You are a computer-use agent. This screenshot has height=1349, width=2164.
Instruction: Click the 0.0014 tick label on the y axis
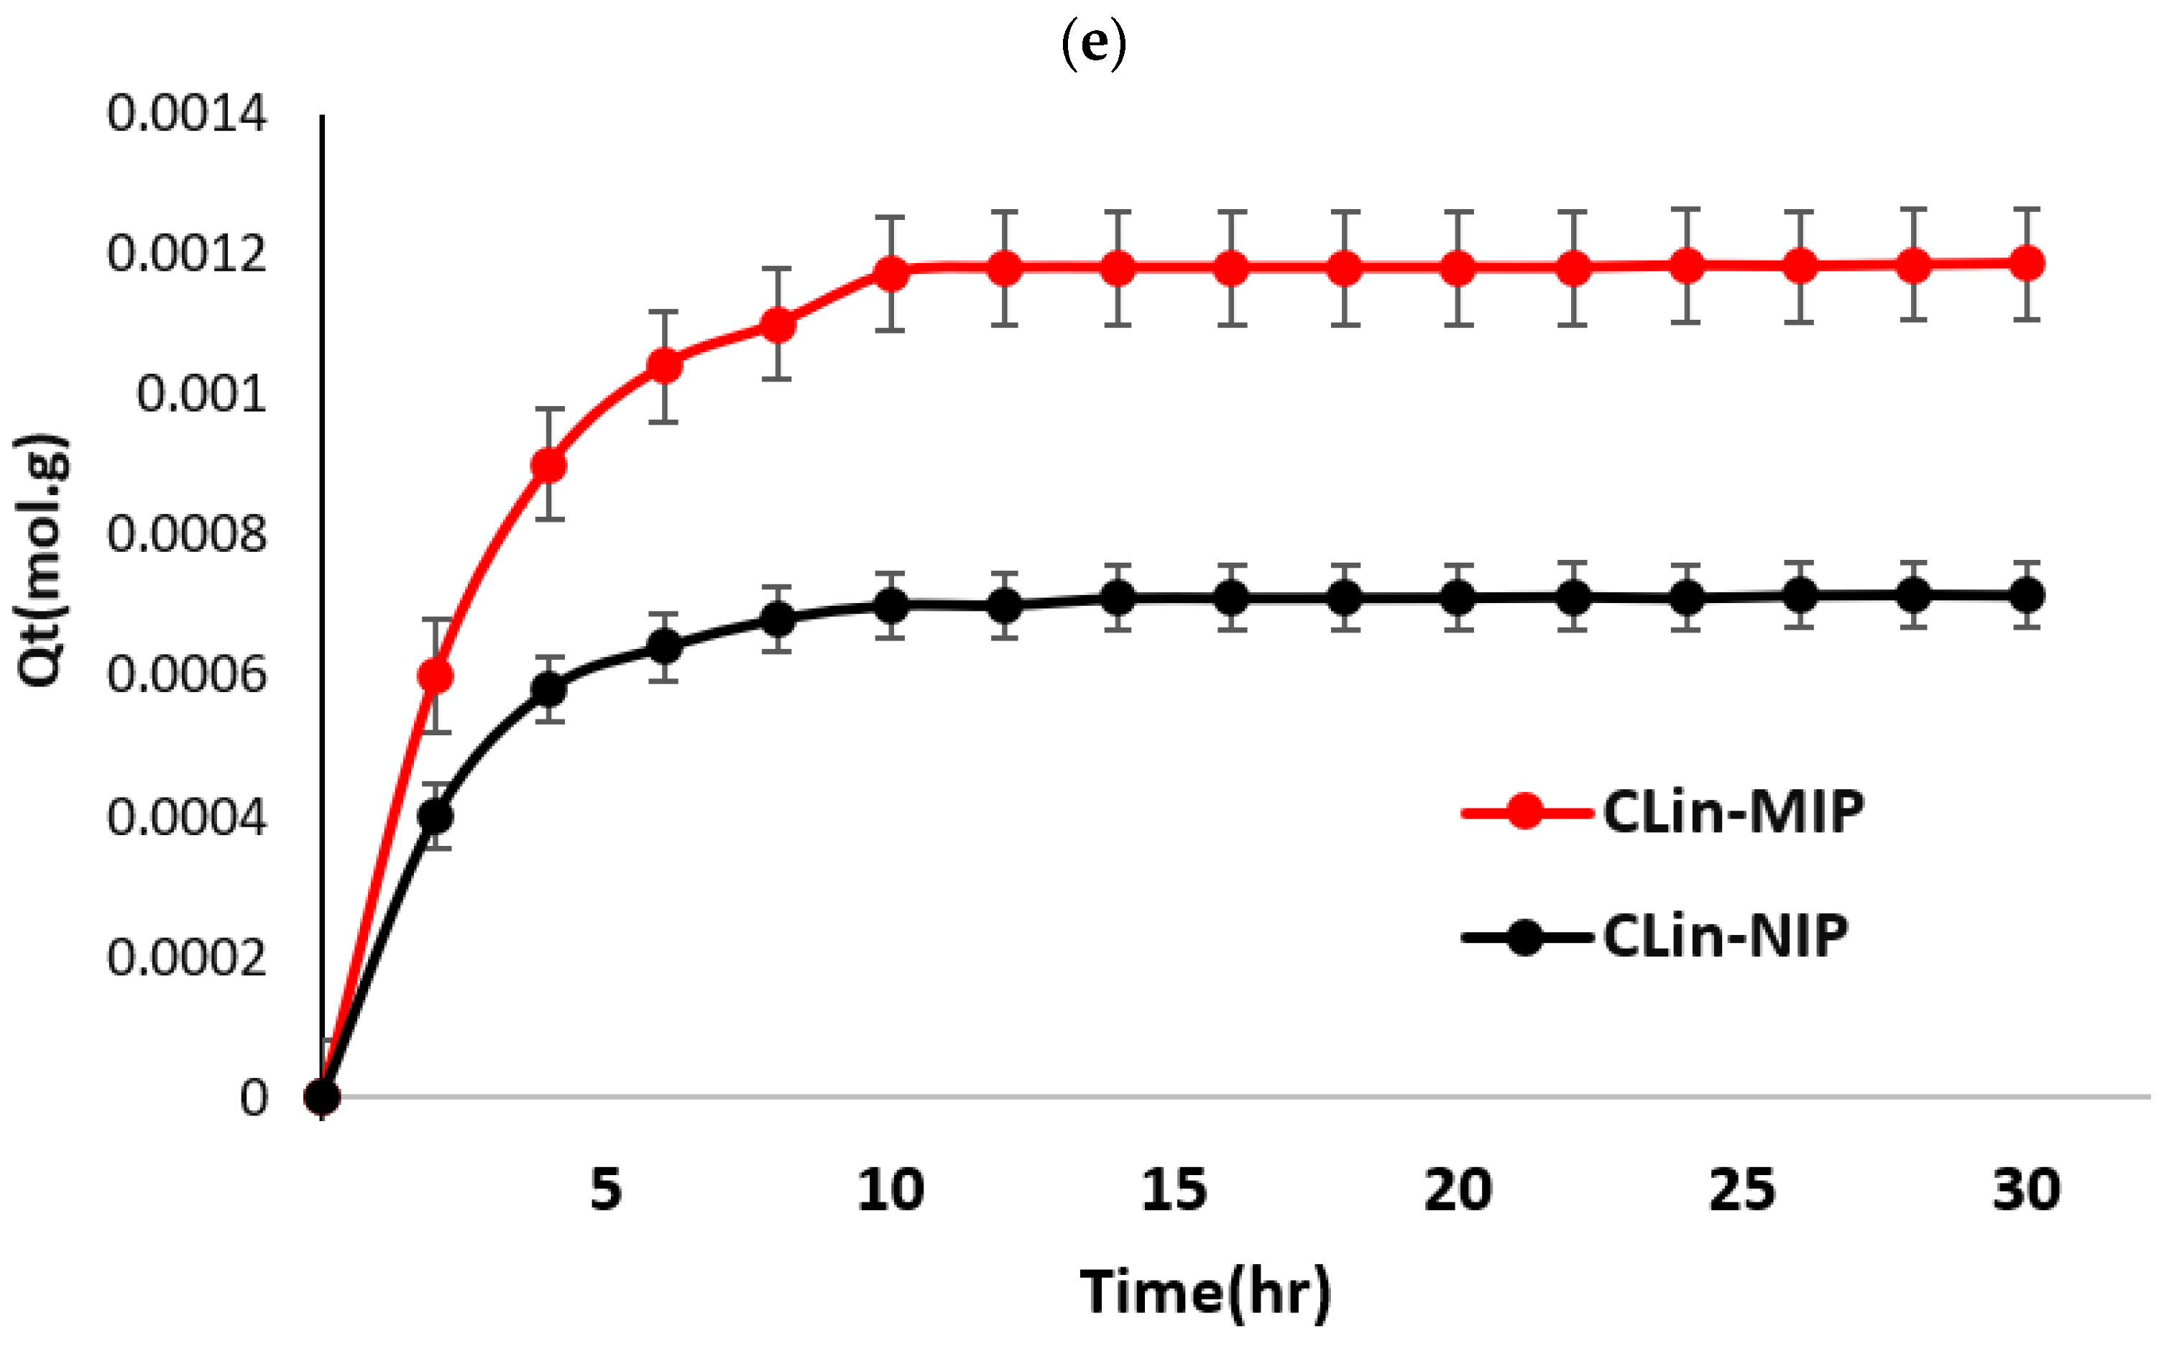point(186,114)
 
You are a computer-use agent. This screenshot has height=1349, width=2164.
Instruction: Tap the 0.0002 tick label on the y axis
point(186,957)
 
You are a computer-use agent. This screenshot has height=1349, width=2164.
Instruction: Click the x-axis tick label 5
point(606,1189)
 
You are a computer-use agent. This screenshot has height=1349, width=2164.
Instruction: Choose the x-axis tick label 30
point(2027,1189)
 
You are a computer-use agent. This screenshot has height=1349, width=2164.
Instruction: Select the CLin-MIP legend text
point(1733,812)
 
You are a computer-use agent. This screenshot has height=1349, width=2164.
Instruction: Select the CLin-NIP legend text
point(1725,936)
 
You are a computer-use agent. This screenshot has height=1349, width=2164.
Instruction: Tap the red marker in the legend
point(1525,812)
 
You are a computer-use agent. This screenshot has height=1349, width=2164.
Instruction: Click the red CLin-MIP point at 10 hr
point(890,273)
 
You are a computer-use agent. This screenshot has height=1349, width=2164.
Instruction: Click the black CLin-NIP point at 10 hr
point(890,606)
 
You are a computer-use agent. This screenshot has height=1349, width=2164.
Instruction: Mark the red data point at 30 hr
point(2027,263)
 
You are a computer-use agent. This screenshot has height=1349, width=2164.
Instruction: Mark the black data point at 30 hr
point(2027,594)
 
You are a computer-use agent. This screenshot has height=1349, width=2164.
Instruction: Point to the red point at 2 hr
point(436,676)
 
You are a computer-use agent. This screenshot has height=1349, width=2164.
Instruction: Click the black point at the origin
point(322,1097)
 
